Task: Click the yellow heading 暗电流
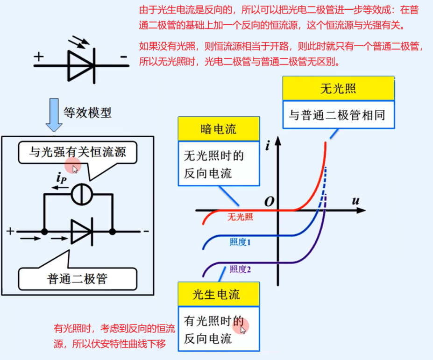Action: (218, 129)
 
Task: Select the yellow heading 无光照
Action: (338, 89)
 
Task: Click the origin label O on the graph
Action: (269, 201)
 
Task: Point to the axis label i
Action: (268, 146)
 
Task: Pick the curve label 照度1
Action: (240, 242)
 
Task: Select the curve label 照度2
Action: (240, 269)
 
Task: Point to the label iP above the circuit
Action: (61, 177)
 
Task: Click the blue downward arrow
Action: (54, 114)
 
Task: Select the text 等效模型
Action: (87, 113)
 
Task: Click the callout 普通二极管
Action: (78, 279)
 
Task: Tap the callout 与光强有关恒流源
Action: (78, 152)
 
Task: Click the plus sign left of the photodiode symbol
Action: (39, 57)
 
